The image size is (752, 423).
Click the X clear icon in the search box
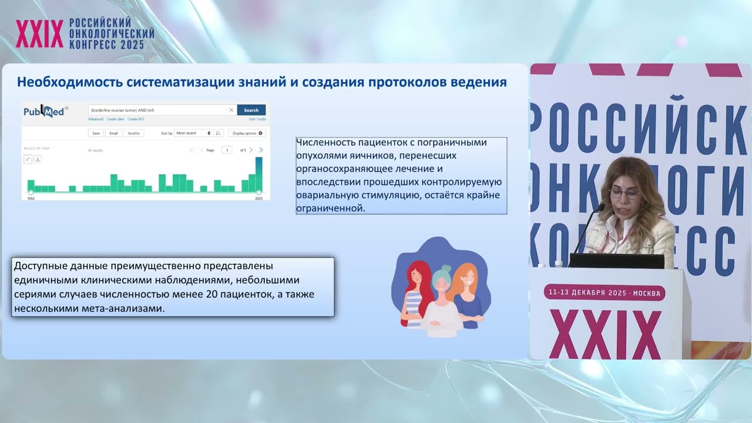(231, 110)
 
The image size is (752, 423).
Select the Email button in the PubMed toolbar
(113, 133)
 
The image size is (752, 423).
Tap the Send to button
(133, 133)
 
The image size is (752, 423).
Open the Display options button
(247, 133)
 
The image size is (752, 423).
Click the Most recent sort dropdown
(193, 133)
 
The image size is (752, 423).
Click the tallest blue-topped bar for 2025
(258, 174)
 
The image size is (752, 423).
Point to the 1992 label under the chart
(31, 199)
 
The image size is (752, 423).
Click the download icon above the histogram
(38, 159)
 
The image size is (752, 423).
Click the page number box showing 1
(226, 150)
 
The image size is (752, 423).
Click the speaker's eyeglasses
(623, 192)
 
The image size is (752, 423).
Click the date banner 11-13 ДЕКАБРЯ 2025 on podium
(605, 293)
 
